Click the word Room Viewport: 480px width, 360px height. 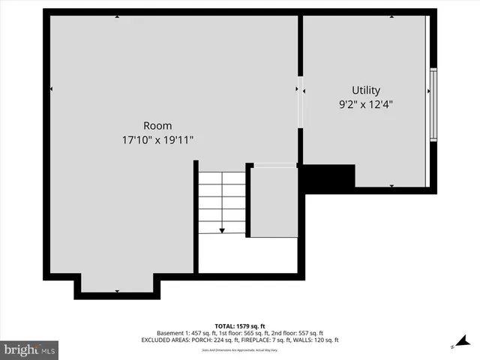point(157,126)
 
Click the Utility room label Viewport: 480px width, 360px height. point(366,90)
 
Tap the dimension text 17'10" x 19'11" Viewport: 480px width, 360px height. point(157,140)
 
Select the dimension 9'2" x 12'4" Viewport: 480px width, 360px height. point(366,105)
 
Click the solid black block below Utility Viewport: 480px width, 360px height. point(328,178)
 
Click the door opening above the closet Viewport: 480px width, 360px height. point(275,165)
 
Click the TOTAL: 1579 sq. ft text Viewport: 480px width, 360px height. point(239,326)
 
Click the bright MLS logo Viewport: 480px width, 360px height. point(30,349)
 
